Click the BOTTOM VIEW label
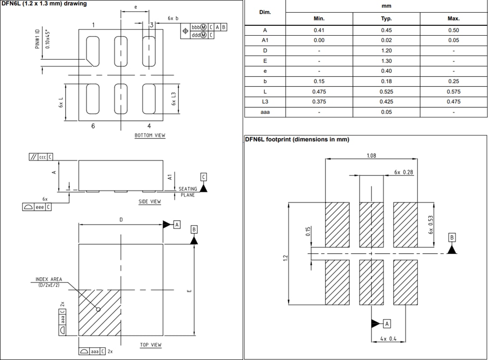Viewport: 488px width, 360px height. (150, 135)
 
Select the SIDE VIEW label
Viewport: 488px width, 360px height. (150, 202)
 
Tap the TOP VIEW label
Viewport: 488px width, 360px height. (150, 345)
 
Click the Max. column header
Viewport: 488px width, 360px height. (453, 19)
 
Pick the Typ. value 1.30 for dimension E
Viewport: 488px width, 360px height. (386, 61)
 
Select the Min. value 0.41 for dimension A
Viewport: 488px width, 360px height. (319, 30)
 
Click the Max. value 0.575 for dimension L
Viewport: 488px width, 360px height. (453, 91)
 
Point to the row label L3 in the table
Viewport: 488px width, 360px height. (265, 102)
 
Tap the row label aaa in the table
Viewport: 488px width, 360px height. (265, 112)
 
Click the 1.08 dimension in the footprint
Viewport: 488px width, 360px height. (371, 156)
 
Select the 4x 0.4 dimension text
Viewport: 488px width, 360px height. (389, 339)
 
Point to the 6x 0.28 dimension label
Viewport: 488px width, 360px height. (403, 172)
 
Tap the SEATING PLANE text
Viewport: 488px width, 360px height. (188, 192)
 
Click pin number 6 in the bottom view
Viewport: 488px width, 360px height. (93, 126)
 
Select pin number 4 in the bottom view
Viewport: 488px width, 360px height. (149, 126)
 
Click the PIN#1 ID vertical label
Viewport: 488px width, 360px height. (38, 39)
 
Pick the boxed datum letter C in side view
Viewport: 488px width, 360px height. (203, 177)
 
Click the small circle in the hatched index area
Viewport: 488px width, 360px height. (98, 310)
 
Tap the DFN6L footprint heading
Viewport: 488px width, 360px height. (297, 139)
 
